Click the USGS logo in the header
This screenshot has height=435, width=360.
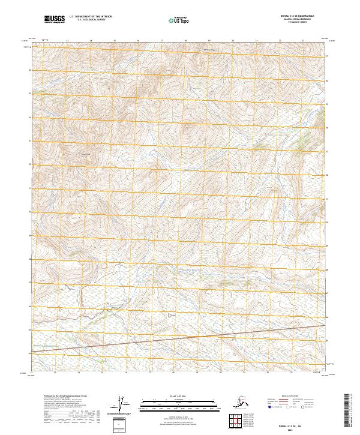pos(55,19)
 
